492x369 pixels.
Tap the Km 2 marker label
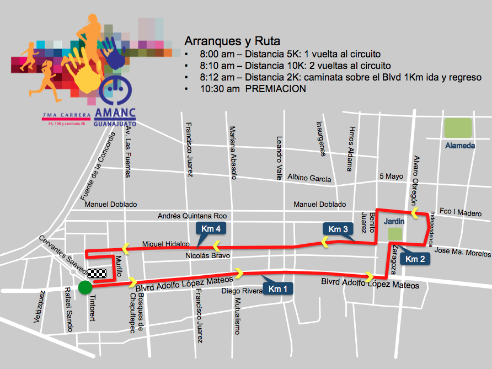tap(415, 259)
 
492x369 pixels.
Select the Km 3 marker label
tap(338, 229)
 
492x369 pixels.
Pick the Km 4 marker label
tap(211, 229)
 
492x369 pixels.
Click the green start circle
tap(85, 287)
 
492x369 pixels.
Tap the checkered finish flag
tap(96, 273)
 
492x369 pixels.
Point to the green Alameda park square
tap(458, 129)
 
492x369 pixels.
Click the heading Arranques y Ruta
tap(232, 41)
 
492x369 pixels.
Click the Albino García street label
tap(309, 179)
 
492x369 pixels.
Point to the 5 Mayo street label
tap(392, 177)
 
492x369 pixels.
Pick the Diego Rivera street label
tap(242, 291)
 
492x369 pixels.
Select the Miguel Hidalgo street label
tap(166, 243)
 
